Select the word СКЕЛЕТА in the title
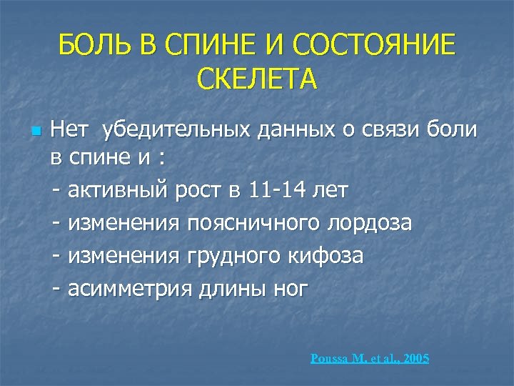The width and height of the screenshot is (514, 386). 256,80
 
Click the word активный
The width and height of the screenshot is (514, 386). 119,191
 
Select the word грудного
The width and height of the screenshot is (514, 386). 230,255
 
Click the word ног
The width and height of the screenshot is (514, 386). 288,288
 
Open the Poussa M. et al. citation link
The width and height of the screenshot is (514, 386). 353,358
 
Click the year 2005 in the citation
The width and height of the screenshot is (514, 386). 415,358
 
